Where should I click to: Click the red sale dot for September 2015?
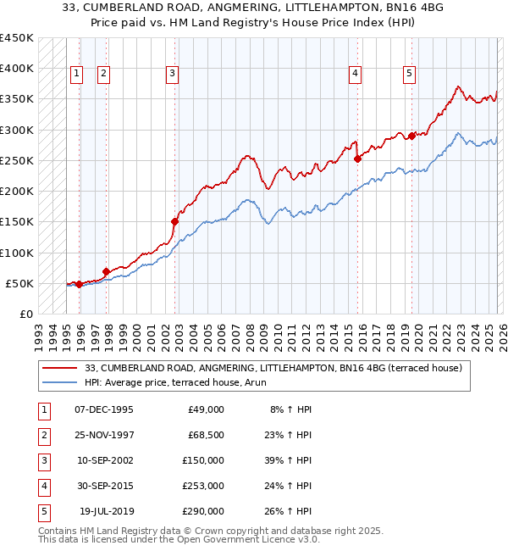pyautogui.click(x=357, y=158)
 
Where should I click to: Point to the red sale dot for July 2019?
pyautogui.click(x=411, y=136)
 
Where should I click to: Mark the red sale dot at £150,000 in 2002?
pyautogui.click(x=174, y=221)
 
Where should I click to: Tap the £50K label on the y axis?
pyautogui.click(x=19, y=283)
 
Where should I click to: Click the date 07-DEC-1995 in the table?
pyautogui.click(x=104, y=409)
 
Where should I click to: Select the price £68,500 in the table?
pyautogui.click(x=207, y=435)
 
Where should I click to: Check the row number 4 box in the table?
pyautogui.click(x=42, y=486)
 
